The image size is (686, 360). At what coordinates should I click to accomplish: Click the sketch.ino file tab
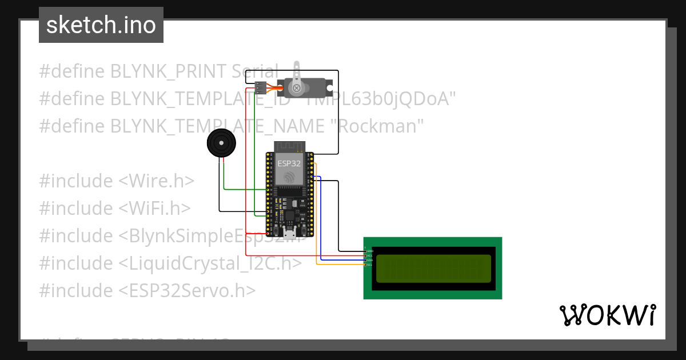[x=101, y=25]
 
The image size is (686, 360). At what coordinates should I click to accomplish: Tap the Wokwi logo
[x=607, y=315]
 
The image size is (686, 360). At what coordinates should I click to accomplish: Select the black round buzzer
[x=221, y=143]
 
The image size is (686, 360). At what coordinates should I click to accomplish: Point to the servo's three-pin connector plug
[x=260, y=87]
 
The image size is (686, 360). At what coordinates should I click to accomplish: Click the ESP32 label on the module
[x=289, y=163]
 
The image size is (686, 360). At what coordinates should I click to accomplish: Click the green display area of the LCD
[x=433, y=269]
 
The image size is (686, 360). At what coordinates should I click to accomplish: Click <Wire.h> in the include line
[x=156, y=181]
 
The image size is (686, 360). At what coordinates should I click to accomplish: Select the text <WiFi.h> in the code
[x=154, y=208]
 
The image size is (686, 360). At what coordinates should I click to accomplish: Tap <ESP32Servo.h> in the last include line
[x=187, y=290]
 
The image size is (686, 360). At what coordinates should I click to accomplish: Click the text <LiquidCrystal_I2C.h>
[x=210, y=263]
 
